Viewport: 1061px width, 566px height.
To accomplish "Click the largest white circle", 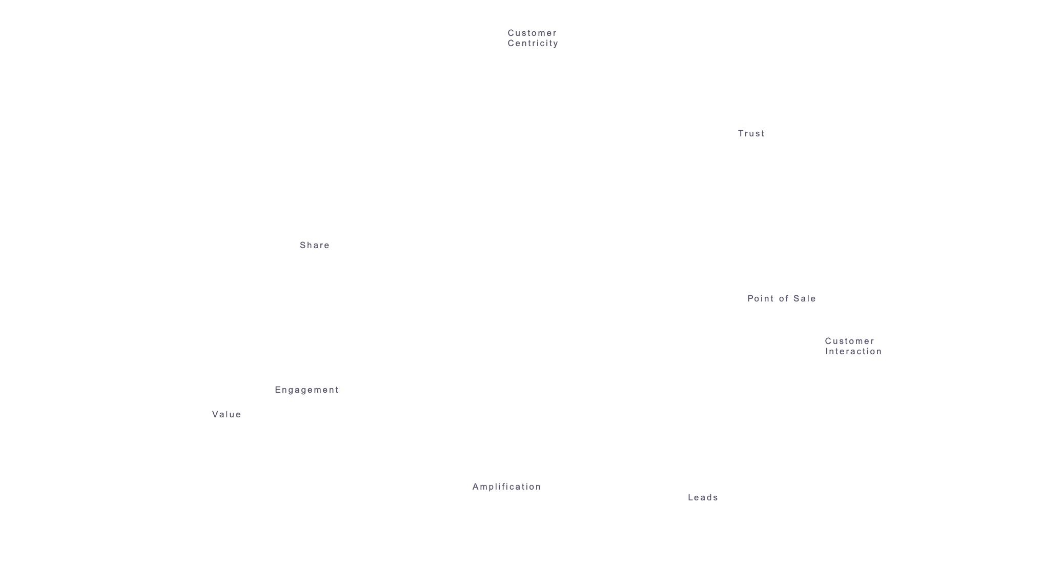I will (481, 103).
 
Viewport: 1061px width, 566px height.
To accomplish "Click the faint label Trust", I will (751, 133).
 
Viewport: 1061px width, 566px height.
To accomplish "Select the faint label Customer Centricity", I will (533, 38).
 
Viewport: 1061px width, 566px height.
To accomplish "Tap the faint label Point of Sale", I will (781, 298).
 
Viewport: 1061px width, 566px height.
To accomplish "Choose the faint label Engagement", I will (307, 390).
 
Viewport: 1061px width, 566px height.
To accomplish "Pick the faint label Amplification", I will (506, 487).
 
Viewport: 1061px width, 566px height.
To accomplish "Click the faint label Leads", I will (702, 497).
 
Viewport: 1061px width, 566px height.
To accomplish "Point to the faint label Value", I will (226, 414).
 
